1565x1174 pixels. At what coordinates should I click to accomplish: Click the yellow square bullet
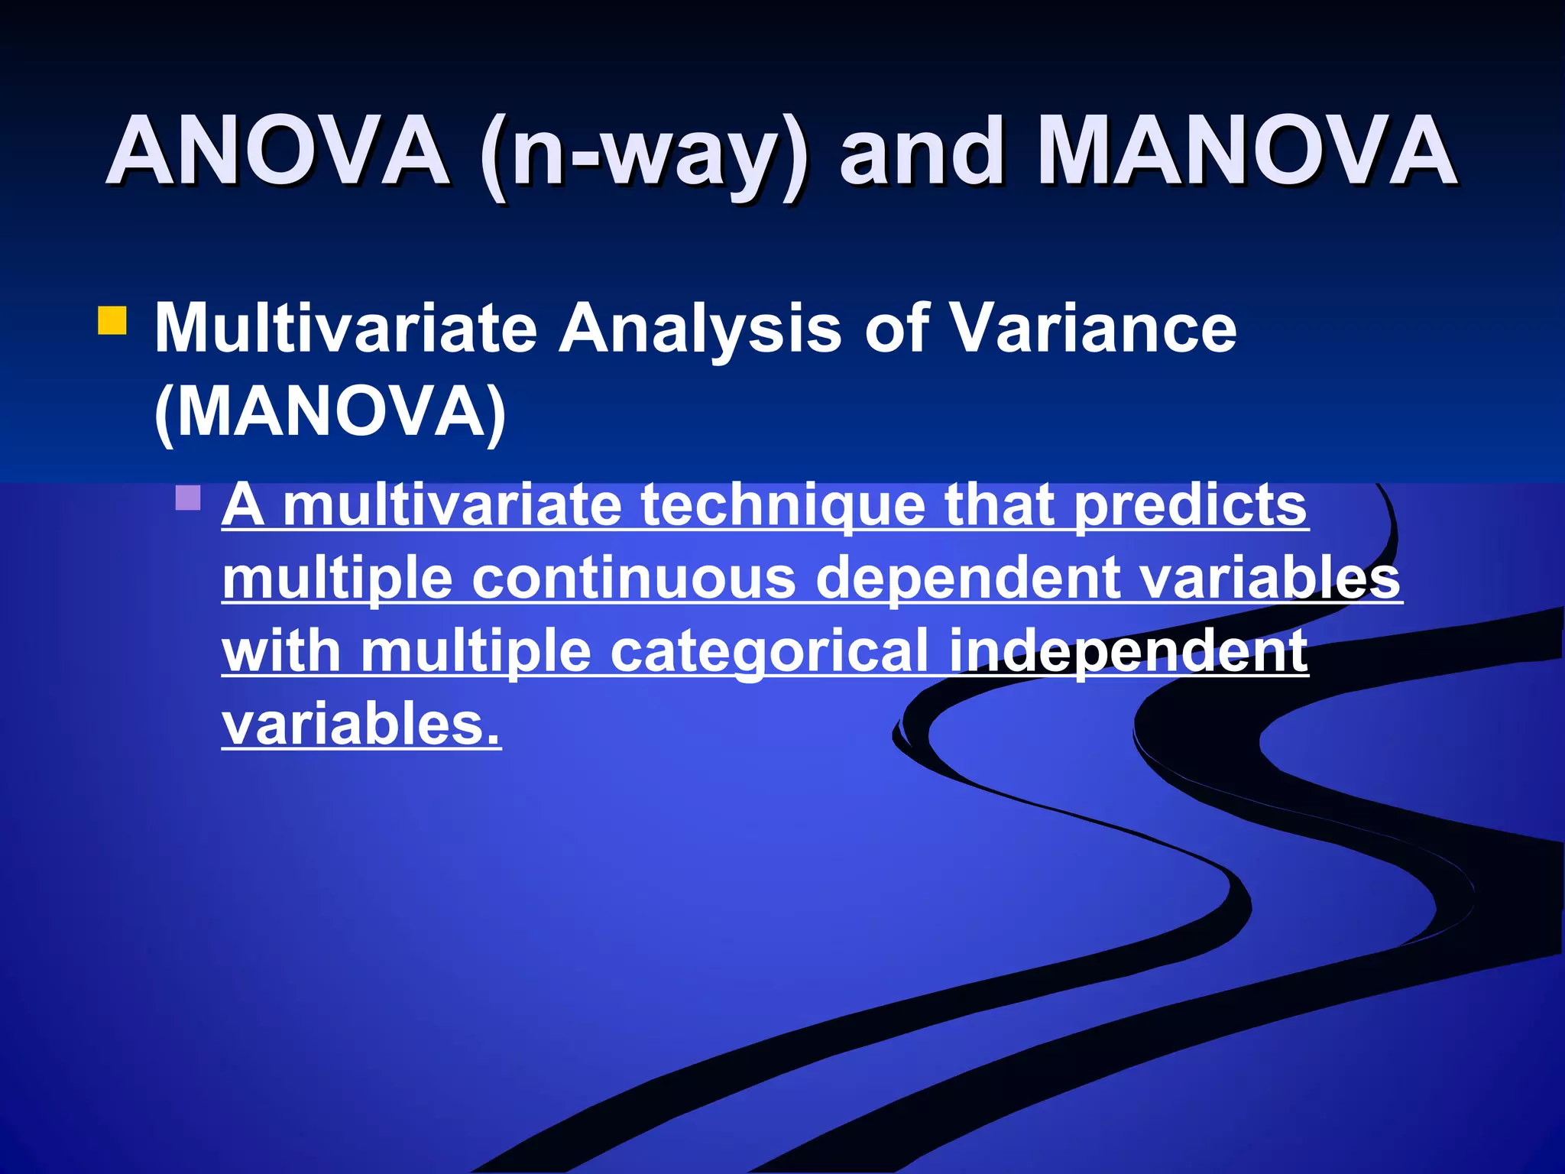click(112, 321)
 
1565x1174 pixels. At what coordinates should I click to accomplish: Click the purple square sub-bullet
click(188, 498)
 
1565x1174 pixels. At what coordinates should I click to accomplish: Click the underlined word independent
click(1128, 652)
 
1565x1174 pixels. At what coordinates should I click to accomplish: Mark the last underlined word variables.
click(361, 725)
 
